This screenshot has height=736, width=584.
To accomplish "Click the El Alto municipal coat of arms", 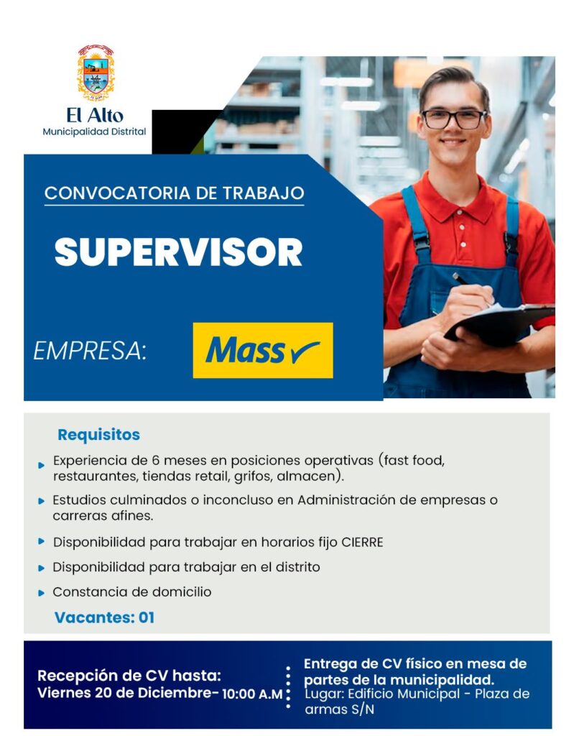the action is [x=96, y=73].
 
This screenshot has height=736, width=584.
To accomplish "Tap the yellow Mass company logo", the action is [x=263, y=350].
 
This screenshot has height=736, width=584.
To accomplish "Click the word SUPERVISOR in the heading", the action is [x=178, y=252].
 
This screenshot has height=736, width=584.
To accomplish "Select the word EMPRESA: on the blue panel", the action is [x=90, y=351].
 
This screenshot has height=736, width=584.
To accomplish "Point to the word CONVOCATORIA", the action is [x=117, y=193].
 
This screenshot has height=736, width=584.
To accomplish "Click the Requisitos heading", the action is [x=98, y=435].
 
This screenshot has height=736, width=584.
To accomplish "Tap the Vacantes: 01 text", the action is [x=104, y=617].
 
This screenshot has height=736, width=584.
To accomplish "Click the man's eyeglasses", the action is [x=453, y=119].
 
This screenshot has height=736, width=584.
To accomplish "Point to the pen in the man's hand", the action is [x=469, y=284].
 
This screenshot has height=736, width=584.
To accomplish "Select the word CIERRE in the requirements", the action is [x=362, y=543].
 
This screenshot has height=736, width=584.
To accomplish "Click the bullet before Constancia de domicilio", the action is [x=41, y=593].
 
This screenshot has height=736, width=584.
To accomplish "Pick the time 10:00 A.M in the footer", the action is [x=252, y=694].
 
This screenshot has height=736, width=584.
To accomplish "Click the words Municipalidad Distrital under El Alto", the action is [x=94, y=132].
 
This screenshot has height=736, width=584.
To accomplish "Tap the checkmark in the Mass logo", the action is [x=305, y=352].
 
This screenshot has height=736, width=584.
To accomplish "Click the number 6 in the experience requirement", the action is [x=156, y=461].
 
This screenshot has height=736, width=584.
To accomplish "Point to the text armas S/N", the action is [x=340, y=709].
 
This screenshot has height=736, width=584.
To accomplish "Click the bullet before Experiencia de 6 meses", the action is [x=41, y=465].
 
